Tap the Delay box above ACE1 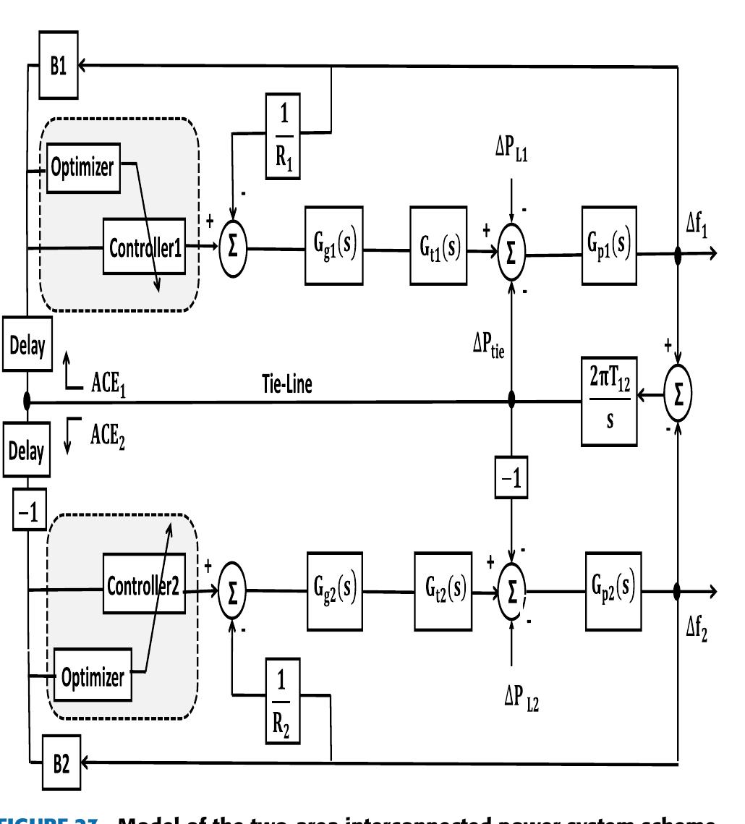click(x=26, y=346)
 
